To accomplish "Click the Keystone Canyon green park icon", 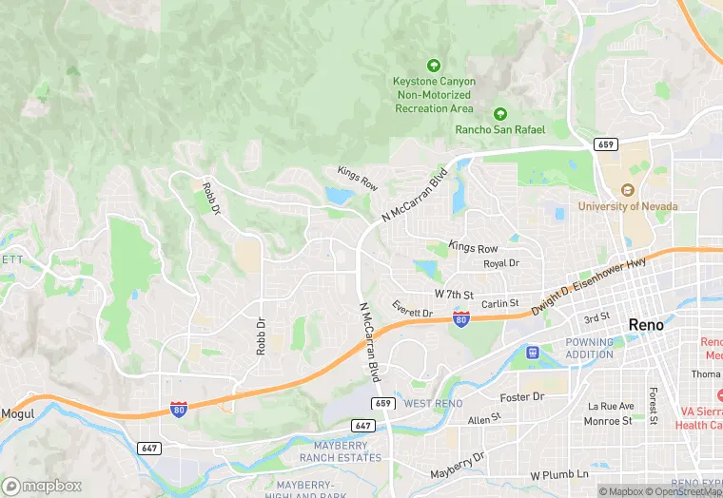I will pos(434,66).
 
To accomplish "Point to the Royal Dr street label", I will pos(501,263).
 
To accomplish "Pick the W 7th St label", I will pos(454,295).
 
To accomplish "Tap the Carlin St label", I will pos(499,304).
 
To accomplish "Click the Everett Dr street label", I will pos(412,308).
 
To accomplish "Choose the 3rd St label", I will pos(596,317).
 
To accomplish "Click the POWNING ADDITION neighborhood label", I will pos(590,348).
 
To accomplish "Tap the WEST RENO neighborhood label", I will pos(433,404).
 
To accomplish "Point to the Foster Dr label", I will pos(524,396).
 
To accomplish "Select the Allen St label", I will pos(484,419).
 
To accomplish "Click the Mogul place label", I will pos(18,413).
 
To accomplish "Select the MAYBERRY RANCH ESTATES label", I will pos(347,451).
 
